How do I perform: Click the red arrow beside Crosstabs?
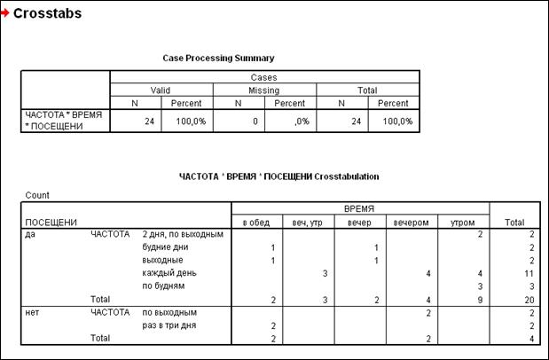[6, 14]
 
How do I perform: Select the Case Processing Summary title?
[218, 58]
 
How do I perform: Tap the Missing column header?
[264, 90]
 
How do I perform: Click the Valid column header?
[161, 90]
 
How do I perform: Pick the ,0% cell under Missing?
[296, 121]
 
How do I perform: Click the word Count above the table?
[35, 194]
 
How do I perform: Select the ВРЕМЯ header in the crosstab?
[359, 207]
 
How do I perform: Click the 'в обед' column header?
[257, 221]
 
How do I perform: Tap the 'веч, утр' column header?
[307, 221]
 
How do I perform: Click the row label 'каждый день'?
[165, 273]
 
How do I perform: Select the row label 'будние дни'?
[163, 247]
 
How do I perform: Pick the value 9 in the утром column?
[479, 300]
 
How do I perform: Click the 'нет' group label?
[33, 312]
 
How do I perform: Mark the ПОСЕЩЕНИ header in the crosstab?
[49, 221]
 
